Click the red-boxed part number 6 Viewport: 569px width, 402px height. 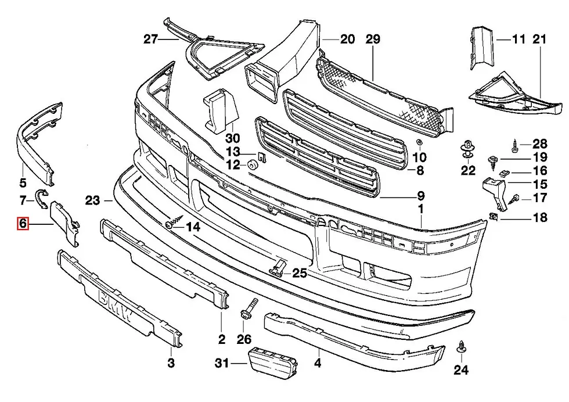coord(23,222)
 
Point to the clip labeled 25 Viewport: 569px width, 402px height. coord(279,268)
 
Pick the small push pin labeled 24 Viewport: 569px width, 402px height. coord(462,347)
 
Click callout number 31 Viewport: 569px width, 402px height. coord(221,364)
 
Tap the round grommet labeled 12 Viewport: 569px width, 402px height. coord(253,165)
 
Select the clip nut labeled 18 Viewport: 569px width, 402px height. coord(495,218)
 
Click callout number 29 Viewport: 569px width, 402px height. coord(373,40)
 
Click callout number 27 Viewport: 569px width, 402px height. coord(150,40)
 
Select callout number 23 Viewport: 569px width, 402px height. coord(92,201)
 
